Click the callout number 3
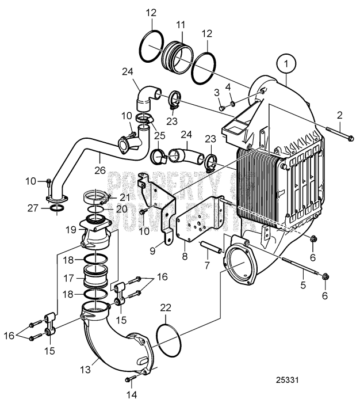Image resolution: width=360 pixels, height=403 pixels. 218,92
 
